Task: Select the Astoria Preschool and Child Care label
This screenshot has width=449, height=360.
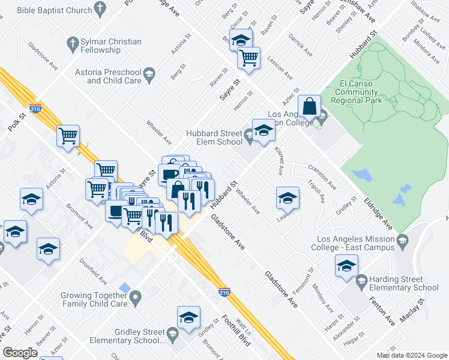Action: (114, 76)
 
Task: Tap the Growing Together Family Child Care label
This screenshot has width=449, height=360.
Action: (94, 299)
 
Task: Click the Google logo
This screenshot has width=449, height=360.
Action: (20, 353)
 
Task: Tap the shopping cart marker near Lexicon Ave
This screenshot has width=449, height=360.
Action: (249, 58)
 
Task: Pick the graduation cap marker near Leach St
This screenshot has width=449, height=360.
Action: (288, 197)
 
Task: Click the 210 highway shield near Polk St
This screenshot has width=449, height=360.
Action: (36, 109)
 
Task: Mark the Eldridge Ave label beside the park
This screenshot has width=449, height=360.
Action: (378, 212)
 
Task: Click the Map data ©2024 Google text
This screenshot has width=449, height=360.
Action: (412, 355)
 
